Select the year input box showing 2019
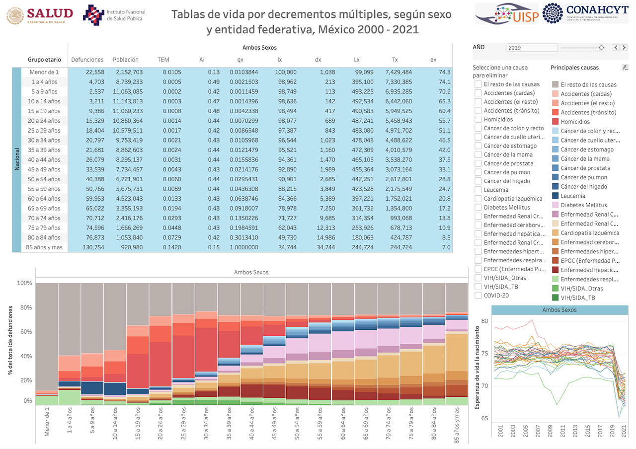click(532, 48)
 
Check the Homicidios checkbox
click(478, 119)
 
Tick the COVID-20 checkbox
click(478, 296)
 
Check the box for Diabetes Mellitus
click(478, 207)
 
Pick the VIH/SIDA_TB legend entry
click(577, 298)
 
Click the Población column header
click(125, 60)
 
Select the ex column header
click(433, 60)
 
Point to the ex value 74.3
click(444, 72)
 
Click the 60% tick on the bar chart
click(24, 332)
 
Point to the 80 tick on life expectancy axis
click(484, 321)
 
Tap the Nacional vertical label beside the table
click(16, 159)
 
